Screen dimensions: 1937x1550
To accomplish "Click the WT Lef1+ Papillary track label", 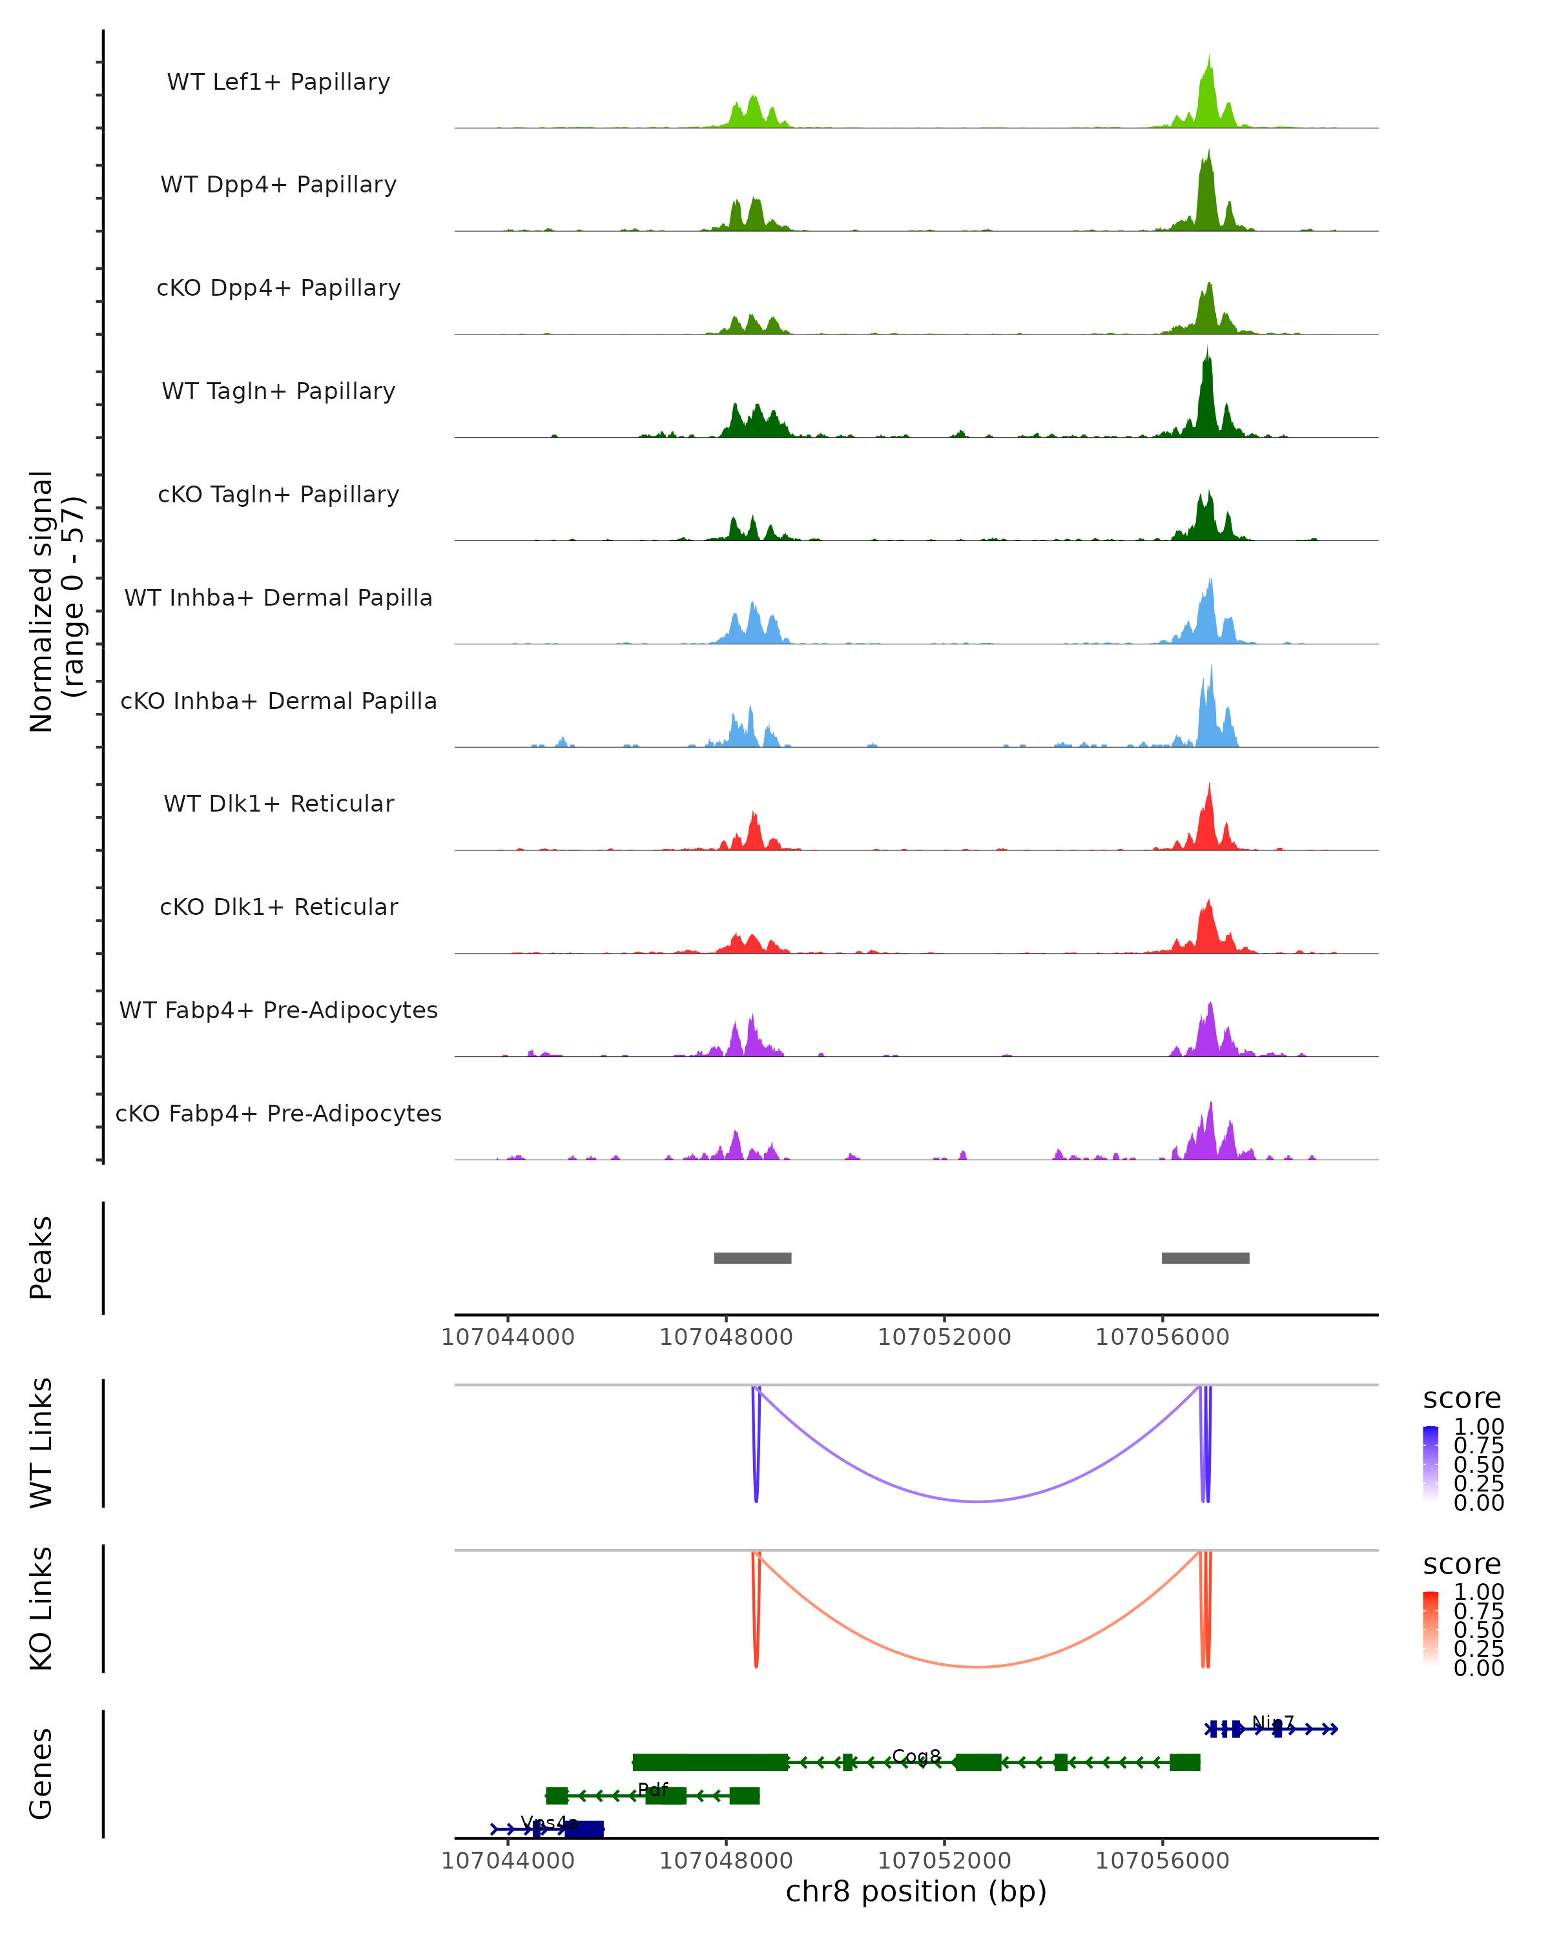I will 278,82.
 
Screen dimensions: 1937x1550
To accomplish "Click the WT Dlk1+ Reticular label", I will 278,803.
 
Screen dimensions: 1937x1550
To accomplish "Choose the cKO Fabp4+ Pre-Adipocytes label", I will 278,1113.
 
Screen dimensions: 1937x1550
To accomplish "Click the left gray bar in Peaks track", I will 752,1258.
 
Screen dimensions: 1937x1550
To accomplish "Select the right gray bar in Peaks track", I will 1205,1258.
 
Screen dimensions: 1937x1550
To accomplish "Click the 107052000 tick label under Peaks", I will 944,1337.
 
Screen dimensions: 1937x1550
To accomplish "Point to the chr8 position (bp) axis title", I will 916,1891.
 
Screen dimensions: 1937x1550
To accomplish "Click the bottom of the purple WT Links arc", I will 978,1501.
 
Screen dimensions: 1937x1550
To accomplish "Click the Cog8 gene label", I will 916,1756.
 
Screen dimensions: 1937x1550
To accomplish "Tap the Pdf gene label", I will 652,1790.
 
